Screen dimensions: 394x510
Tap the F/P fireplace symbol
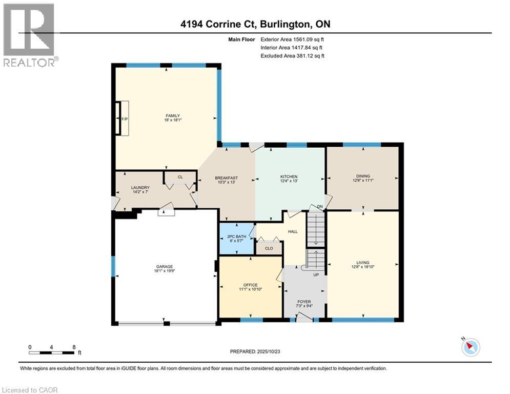click(x=124, y=119)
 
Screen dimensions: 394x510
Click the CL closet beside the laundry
click(x=180, y=177)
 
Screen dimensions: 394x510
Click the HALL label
click(x=293, y=231)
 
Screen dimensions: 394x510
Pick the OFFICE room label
click(x=251, y=285)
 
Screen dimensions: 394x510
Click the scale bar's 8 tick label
click(x=74, y=347)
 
